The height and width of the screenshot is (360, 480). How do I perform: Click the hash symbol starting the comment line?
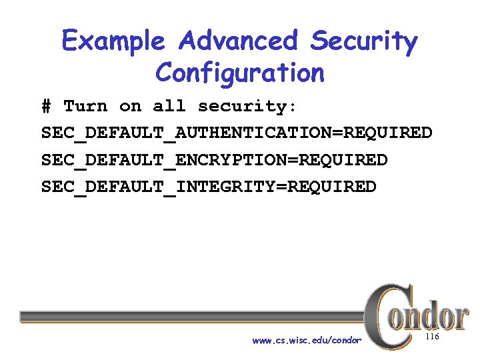(x=46, y=107)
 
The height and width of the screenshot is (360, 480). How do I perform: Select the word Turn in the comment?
(x=85, y=107)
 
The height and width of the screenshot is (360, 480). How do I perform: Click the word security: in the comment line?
(x=248, y=107)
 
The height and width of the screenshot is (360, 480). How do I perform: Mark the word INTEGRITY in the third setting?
(x=230, y=187)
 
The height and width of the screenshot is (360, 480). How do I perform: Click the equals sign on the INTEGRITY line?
(x=291, y=187)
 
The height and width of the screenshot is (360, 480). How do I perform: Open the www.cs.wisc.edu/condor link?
(x=307, y=341)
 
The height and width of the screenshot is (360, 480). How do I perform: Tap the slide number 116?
(x=432, y=339)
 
